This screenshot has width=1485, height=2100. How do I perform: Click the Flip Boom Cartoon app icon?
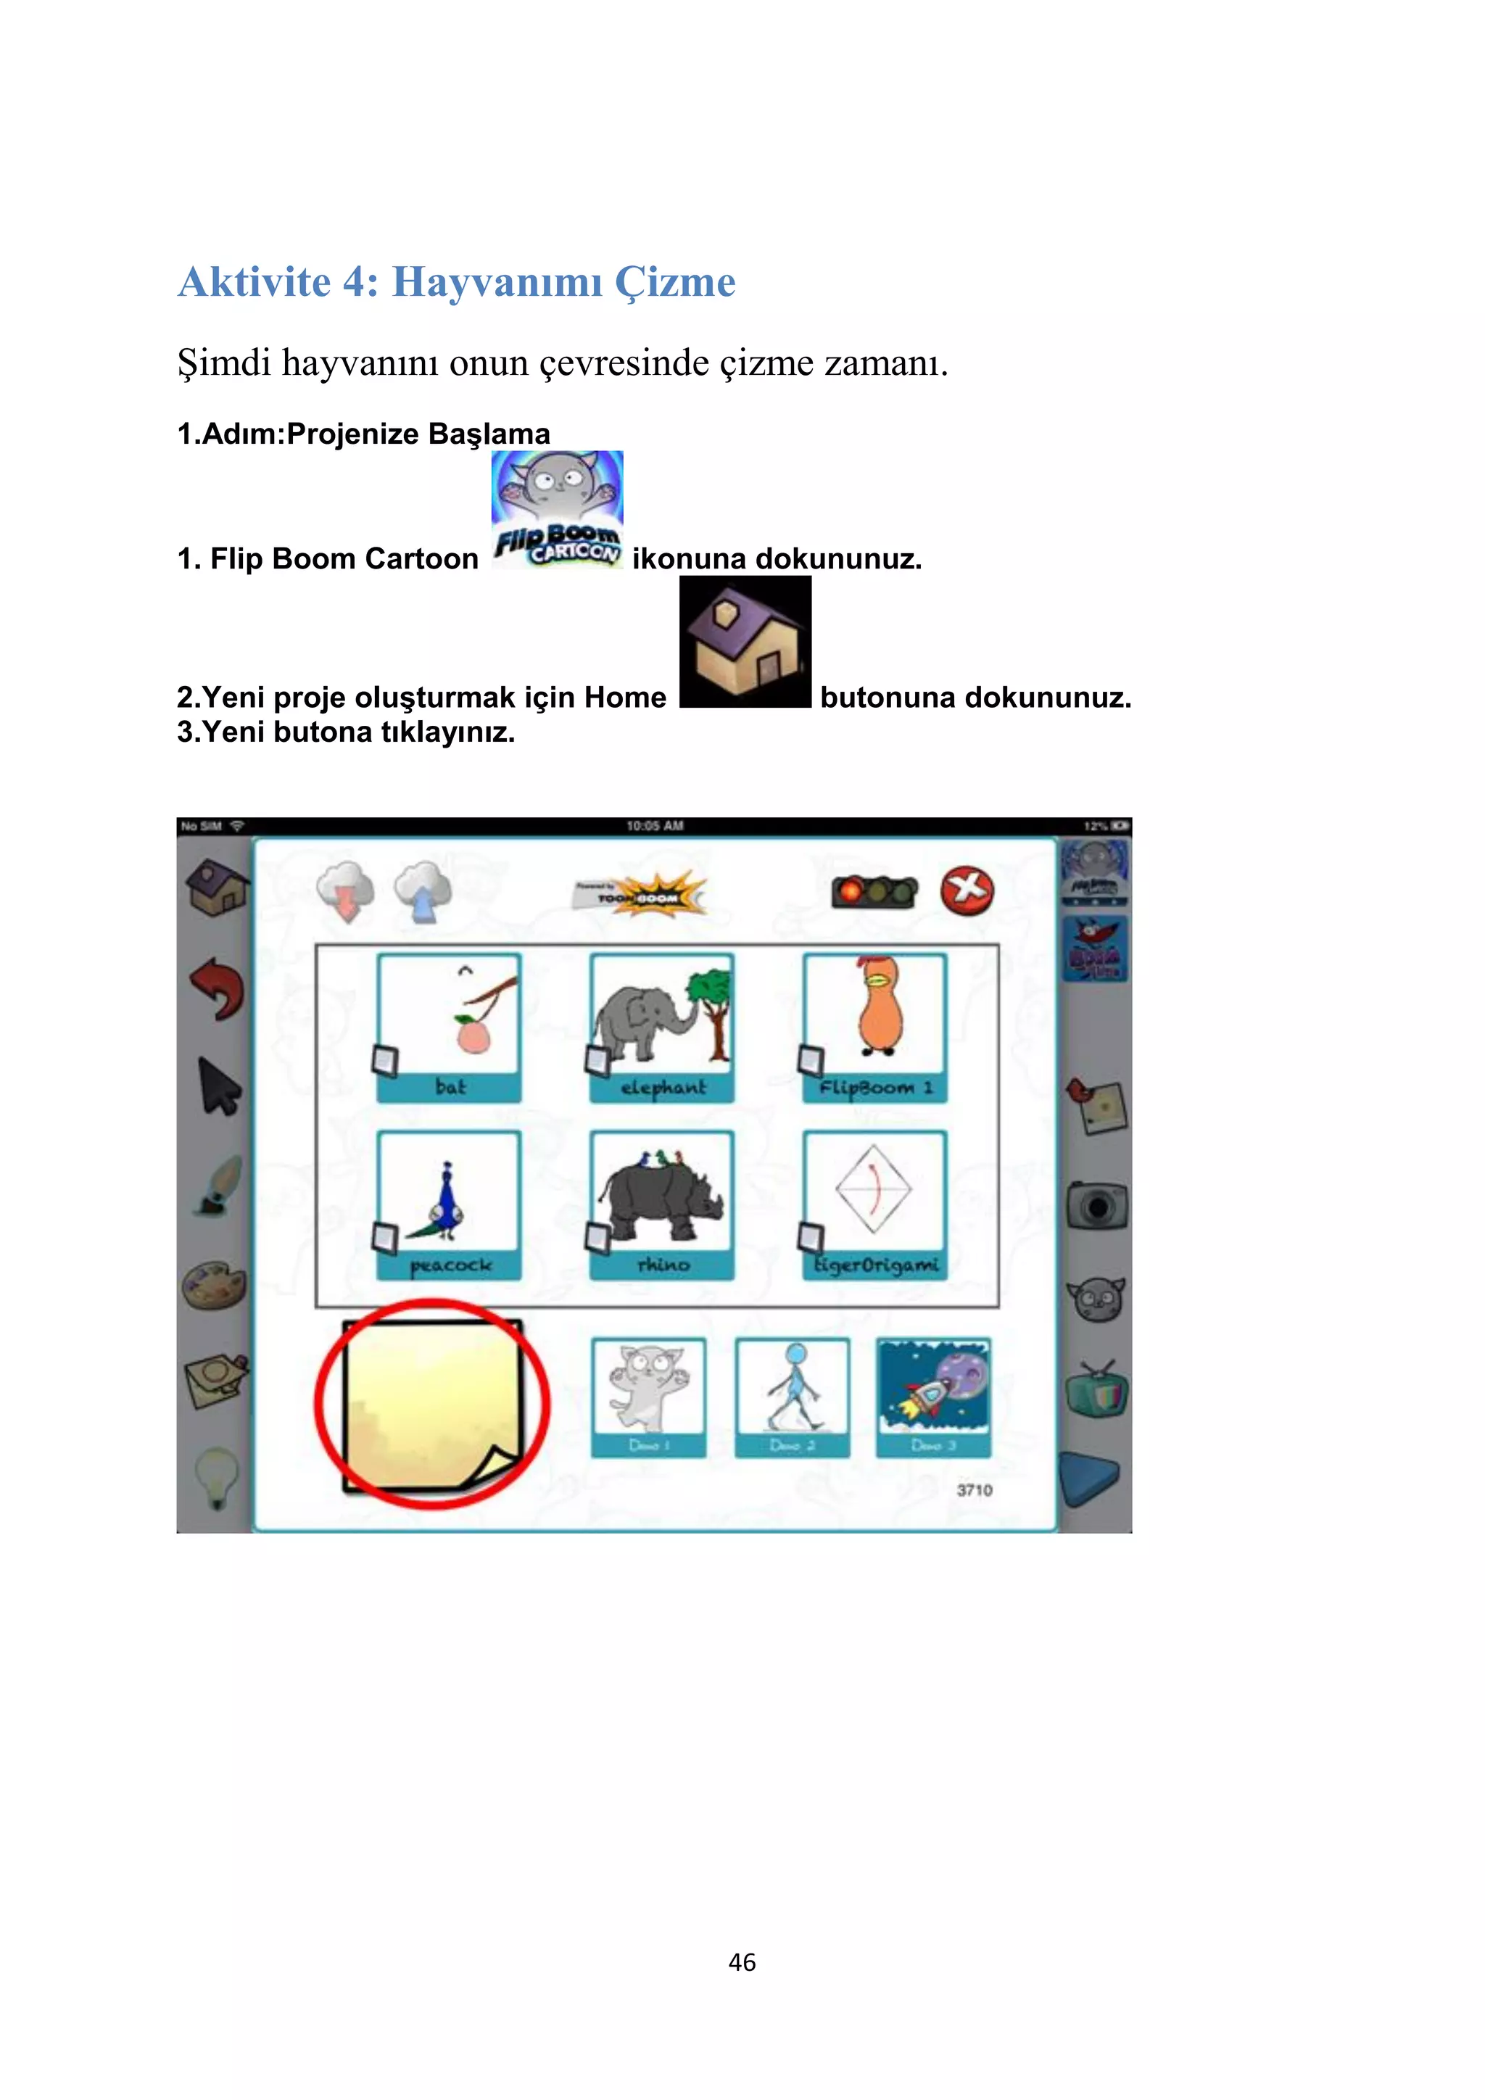(x=557, y=510)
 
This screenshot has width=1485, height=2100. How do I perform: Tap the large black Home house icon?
(x=745, y=642)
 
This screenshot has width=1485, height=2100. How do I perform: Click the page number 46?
(x=742, y=1962)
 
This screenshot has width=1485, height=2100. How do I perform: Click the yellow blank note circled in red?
(x=431, y=1404)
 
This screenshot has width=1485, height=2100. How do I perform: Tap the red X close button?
(x=967, y=890)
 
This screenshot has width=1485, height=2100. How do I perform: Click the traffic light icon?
(x=874, y=891)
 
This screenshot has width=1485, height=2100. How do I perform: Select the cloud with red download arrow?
(x=346, y=891)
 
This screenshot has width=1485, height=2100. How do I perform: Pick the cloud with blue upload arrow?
(x=423, y=891)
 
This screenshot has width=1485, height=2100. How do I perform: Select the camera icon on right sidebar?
(x=1096, y=1207)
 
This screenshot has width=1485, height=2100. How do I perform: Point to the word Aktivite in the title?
(x=255, y=281)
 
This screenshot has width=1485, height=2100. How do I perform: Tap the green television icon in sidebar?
(x=1097, y=1390)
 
